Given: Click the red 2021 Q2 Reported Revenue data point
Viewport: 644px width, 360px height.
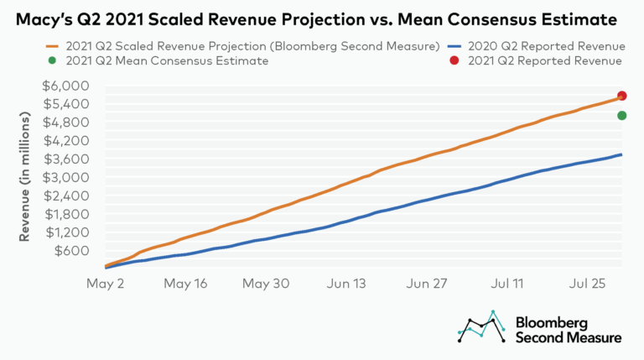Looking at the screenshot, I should (622, 96).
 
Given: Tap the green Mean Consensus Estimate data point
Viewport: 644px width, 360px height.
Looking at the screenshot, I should (622, 116).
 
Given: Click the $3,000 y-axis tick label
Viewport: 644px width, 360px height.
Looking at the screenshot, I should (65, 177).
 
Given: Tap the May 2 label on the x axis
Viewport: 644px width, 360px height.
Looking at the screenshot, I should (105, 284).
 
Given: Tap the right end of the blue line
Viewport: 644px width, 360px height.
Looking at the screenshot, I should (621, 154).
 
